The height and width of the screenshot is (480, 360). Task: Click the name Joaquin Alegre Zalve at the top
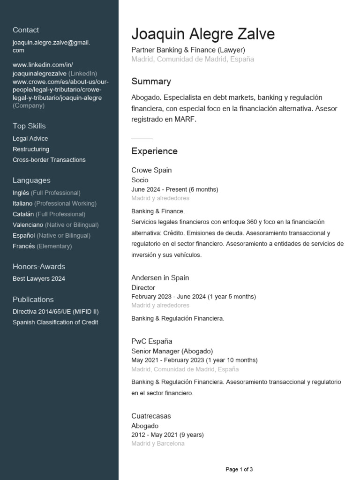click(x=203, y=34)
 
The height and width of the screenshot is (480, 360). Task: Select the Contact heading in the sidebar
click(x=26, y=30)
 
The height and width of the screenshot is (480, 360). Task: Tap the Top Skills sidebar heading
click(x=29, y=126)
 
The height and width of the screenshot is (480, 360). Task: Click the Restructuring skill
click(x=31, y=149)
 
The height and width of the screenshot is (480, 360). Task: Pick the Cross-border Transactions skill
click(x=49, y=160)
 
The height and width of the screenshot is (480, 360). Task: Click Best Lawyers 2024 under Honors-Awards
click(x=39, y=279)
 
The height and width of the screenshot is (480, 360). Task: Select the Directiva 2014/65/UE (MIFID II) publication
click(x=56, y=312)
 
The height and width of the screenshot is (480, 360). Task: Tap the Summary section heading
click(x=151, y=82)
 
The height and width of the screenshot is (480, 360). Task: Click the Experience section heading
click(x=154, y=151)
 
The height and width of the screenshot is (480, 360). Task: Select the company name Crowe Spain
click(x=151, y=170)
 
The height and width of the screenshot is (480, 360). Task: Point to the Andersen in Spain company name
click(x=160, y=278)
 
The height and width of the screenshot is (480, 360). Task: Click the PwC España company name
click(x=152, y=341)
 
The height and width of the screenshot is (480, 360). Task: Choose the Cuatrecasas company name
click(x=151, y=416)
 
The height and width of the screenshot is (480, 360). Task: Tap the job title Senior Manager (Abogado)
click(x=172, y=351)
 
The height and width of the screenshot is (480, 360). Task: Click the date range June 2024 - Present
click(x=175, y=189)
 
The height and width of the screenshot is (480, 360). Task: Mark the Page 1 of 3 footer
click(x=239, y=469)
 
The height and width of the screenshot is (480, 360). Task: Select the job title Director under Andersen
click(x=143, y=288)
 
